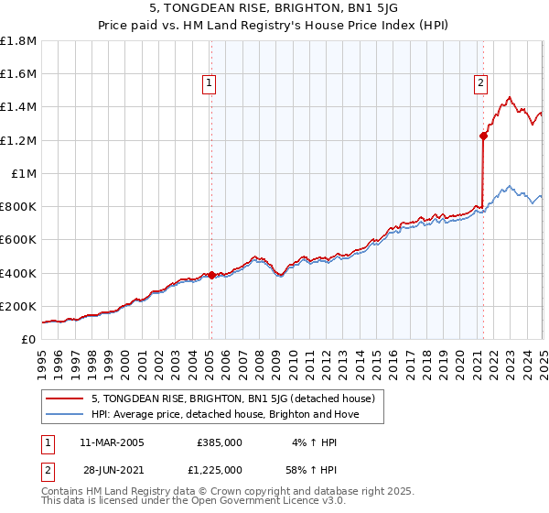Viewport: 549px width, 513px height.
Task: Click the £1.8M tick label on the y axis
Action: click(18, 41)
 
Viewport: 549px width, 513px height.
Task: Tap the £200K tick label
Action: click(18, 306)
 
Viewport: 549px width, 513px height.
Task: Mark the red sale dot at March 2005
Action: click(211, 275)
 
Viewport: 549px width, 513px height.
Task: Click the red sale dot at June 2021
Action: click(482, 136)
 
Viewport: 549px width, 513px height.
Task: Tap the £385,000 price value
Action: click(220, 442)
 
